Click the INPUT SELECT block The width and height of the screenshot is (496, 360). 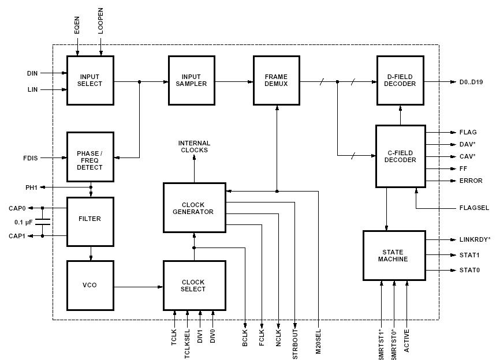tap(90, 80)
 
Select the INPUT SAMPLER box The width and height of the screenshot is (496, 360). tap(191, 80)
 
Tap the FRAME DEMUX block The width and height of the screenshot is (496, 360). tap(276, 80)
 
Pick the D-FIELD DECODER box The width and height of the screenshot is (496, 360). tap(400, 80)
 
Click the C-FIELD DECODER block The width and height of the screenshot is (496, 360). tap(400, 156)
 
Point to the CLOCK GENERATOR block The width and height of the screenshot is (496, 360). tap(194, 208)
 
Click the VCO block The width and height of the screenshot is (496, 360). tap(90, 286)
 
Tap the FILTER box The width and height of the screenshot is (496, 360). tap(90, 219)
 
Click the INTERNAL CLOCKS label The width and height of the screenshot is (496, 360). tap(194, 147)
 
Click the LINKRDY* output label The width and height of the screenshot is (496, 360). tap(475, 239)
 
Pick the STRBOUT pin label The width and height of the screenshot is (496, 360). tap(296, 344)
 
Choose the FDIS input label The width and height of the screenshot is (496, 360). tap(31, 157)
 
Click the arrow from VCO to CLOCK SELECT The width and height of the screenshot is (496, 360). tap(139, 286)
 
